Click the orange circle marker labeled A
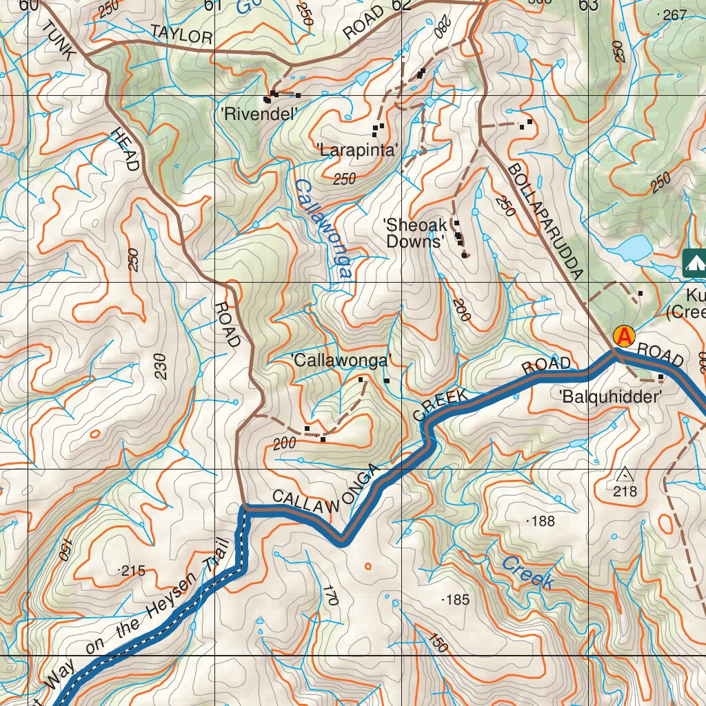(624, 336)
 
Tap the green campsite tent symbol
(694, 262)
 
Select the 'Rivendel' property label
(259, 114)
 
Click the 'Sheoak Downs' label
(414, 233)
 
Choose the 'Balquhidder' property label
(611, 396)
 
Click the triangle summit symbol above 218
(625, 475)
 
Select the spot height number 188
(543, 521)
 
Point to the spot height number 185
(458, 600)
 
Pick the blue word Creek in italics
(527, 573)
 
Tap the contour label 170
(330, 595)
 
